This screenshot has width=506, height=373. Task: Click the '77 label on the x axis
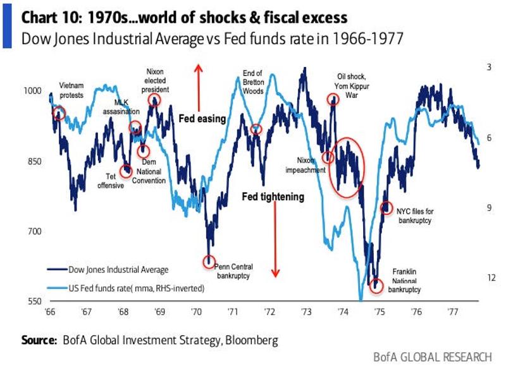tap(453, 312)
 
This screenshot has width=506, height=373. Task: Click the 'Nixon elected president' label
tap(155, 81)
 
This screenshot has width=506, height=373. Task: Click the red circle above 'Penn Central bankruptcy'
tap(209, 261)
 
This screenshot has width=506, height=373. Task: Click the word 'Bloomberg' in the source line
tap(251, 340)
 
